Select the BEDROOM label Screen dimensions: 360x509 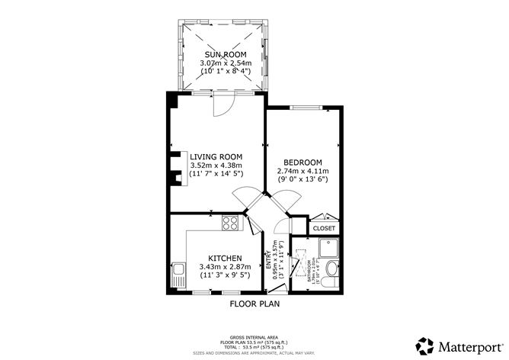pos(303,162)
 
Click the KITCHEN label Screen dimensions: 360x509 pos(220,258)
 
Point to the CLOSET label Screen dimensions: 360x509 pos(324,228)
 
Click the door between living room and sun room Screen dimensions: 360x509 pos(222,104)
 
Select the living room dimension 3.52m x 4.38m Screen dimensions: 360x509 pos(215,165)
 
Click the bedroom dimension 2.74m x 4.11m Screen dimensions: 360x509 pos(303,171)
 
